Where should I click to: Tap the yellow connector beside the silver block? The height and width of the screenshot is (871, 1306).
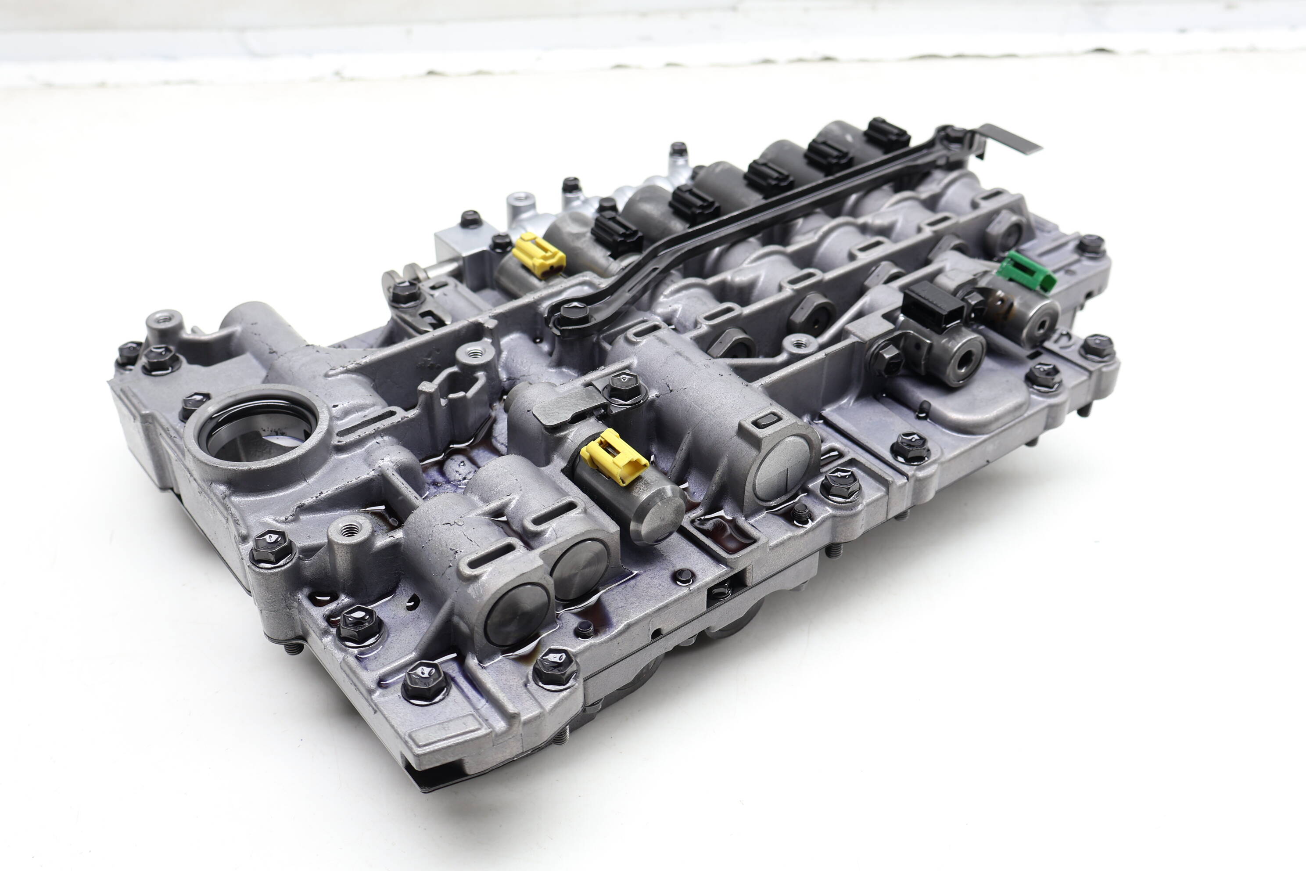click(x=538, y=255)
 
